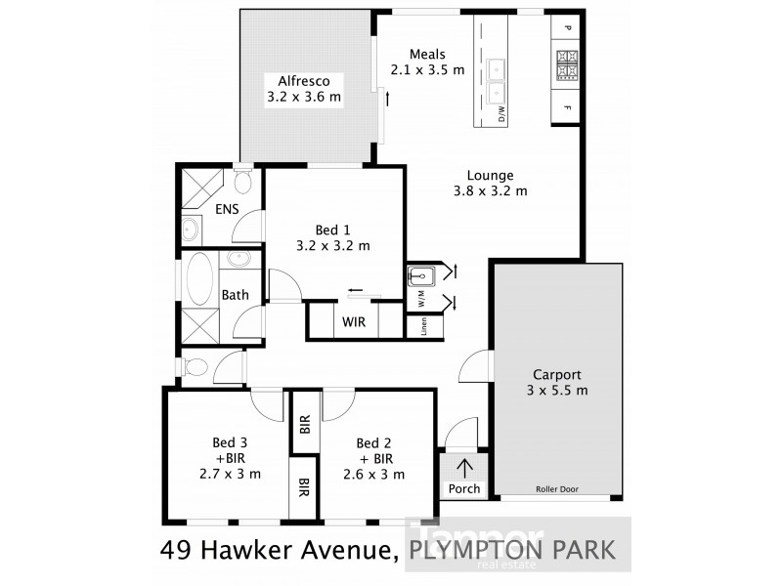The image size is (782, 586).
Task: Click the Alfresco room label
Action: click(x=304, y=89)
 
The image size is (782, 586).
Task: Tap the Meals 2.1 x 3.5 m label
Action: click(x=428, y=62)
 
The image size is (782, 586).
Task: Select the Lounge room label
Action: click(x=490, y=184)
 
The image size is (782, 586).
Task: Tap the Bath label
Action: click(x=234, y=295)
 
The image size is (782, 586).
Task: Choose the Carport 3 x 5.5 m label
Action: click(x=557, y=383)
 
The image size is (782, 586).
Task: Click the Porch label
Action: click(x=463, y=488)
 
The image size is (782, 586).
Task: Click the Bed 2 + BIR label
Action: click(x=374, y=457)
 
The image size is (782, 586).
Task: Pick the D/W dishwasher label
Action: click(x=501, y=115)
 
